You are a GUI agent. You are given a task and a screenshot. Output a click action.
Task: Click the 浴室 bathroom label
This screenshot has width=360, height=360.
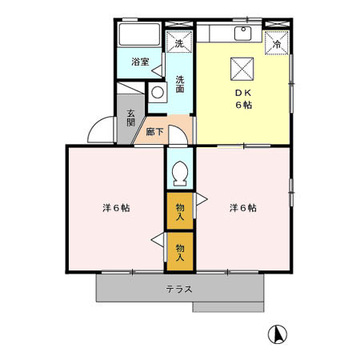[140, 62]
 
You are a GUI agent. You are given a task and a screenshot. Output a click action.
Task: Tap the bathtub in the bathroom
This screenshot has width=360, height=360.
[139, 37]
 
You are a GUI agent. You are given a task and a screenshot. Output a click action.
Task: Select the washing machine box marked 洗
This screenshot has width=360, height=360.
[179, 42]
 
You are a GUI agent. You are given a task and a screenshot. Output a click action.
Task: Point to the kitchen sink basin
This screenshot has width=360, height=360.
[242, 33]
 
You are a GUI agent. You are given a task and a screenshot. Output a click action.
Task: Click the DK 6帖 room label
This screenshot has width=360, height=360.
[242, 98]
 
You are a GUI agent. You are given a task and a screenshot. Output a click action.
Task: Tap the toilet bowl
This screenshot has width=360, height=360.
[179, 171]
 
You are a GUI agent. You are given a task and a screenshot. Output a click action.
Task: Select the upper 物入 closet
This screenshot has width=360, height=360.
[180, 211]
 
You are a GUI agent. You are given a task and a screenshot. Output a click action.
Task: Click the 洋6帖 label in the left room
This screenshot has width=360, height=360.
[117, 208]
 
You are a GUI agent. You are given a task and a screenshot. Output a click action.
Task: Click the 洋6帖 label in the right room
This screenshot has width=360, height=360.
[243, 208]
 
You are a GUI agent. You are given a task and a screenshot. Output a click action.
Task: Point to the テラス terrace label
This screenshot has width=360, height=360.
[179, 288]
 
